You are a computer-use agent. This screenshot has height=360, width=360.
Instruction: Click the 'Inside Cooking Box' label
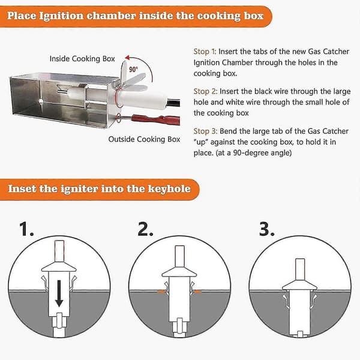[82, 59]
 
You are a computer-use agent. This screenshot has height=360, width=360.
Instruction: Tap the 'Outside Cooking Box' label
[144, 139]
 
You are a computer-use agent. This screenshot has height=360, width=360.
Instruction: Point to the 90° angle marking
[133, 69]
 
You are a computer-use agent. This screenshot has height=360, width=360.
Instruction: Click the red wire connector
[155, 119]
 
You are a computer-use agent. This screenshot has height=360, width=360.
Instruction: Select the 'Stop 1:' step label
[205, 52]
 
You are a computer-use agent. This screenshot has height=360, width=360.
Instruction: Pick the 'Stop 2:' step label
[205, 91]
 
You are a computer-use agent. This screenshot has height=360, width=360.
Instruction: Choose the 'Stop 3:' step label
[205, 131]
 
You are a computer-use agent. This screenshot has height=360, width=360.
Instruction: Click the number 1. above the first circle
[26, 229]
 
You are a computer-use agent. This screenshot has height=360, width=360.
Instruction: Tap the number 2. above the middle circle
[145, 229]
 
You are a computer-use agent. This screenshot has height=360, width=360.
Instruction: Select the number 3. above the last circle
[267, 229]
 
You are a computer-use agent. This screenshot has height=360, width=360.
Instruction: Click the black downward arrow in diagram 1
[59, 293]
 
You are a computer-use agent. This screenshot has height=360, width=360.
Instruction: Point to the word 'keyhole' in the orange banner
[169, 189]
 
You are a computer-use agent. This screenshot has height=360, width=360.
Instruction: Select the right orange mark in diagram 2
[197, 292]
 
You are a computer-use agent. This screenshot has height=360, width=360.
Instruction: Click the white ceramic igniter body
[142, 100]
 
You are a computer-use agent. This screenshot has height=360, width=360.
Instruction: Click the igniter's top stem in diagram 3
[299, 270]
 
